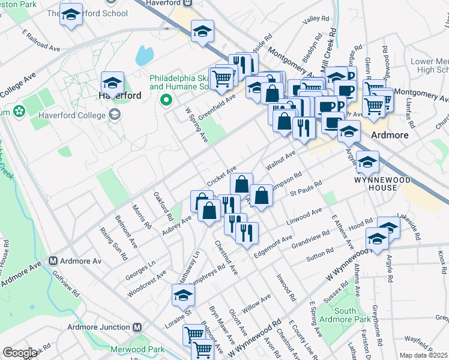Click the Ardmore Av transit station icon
[x=53, y=261]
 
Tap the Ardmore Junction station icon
[x=137, y=327]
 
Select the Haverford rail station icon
[x=187, y=2]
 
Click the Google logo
[x=20, y=353]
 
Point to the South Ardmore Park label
[x=345, y=315]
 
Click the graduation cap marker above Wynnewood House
[x=367, y=161]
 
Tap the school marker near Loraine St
[x=183, y=295]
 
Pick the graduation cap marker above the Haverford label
[x=112, y=82]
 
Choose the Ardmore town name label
[x=390, y=135]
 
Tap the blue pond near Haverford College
[x=144, y=56]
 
